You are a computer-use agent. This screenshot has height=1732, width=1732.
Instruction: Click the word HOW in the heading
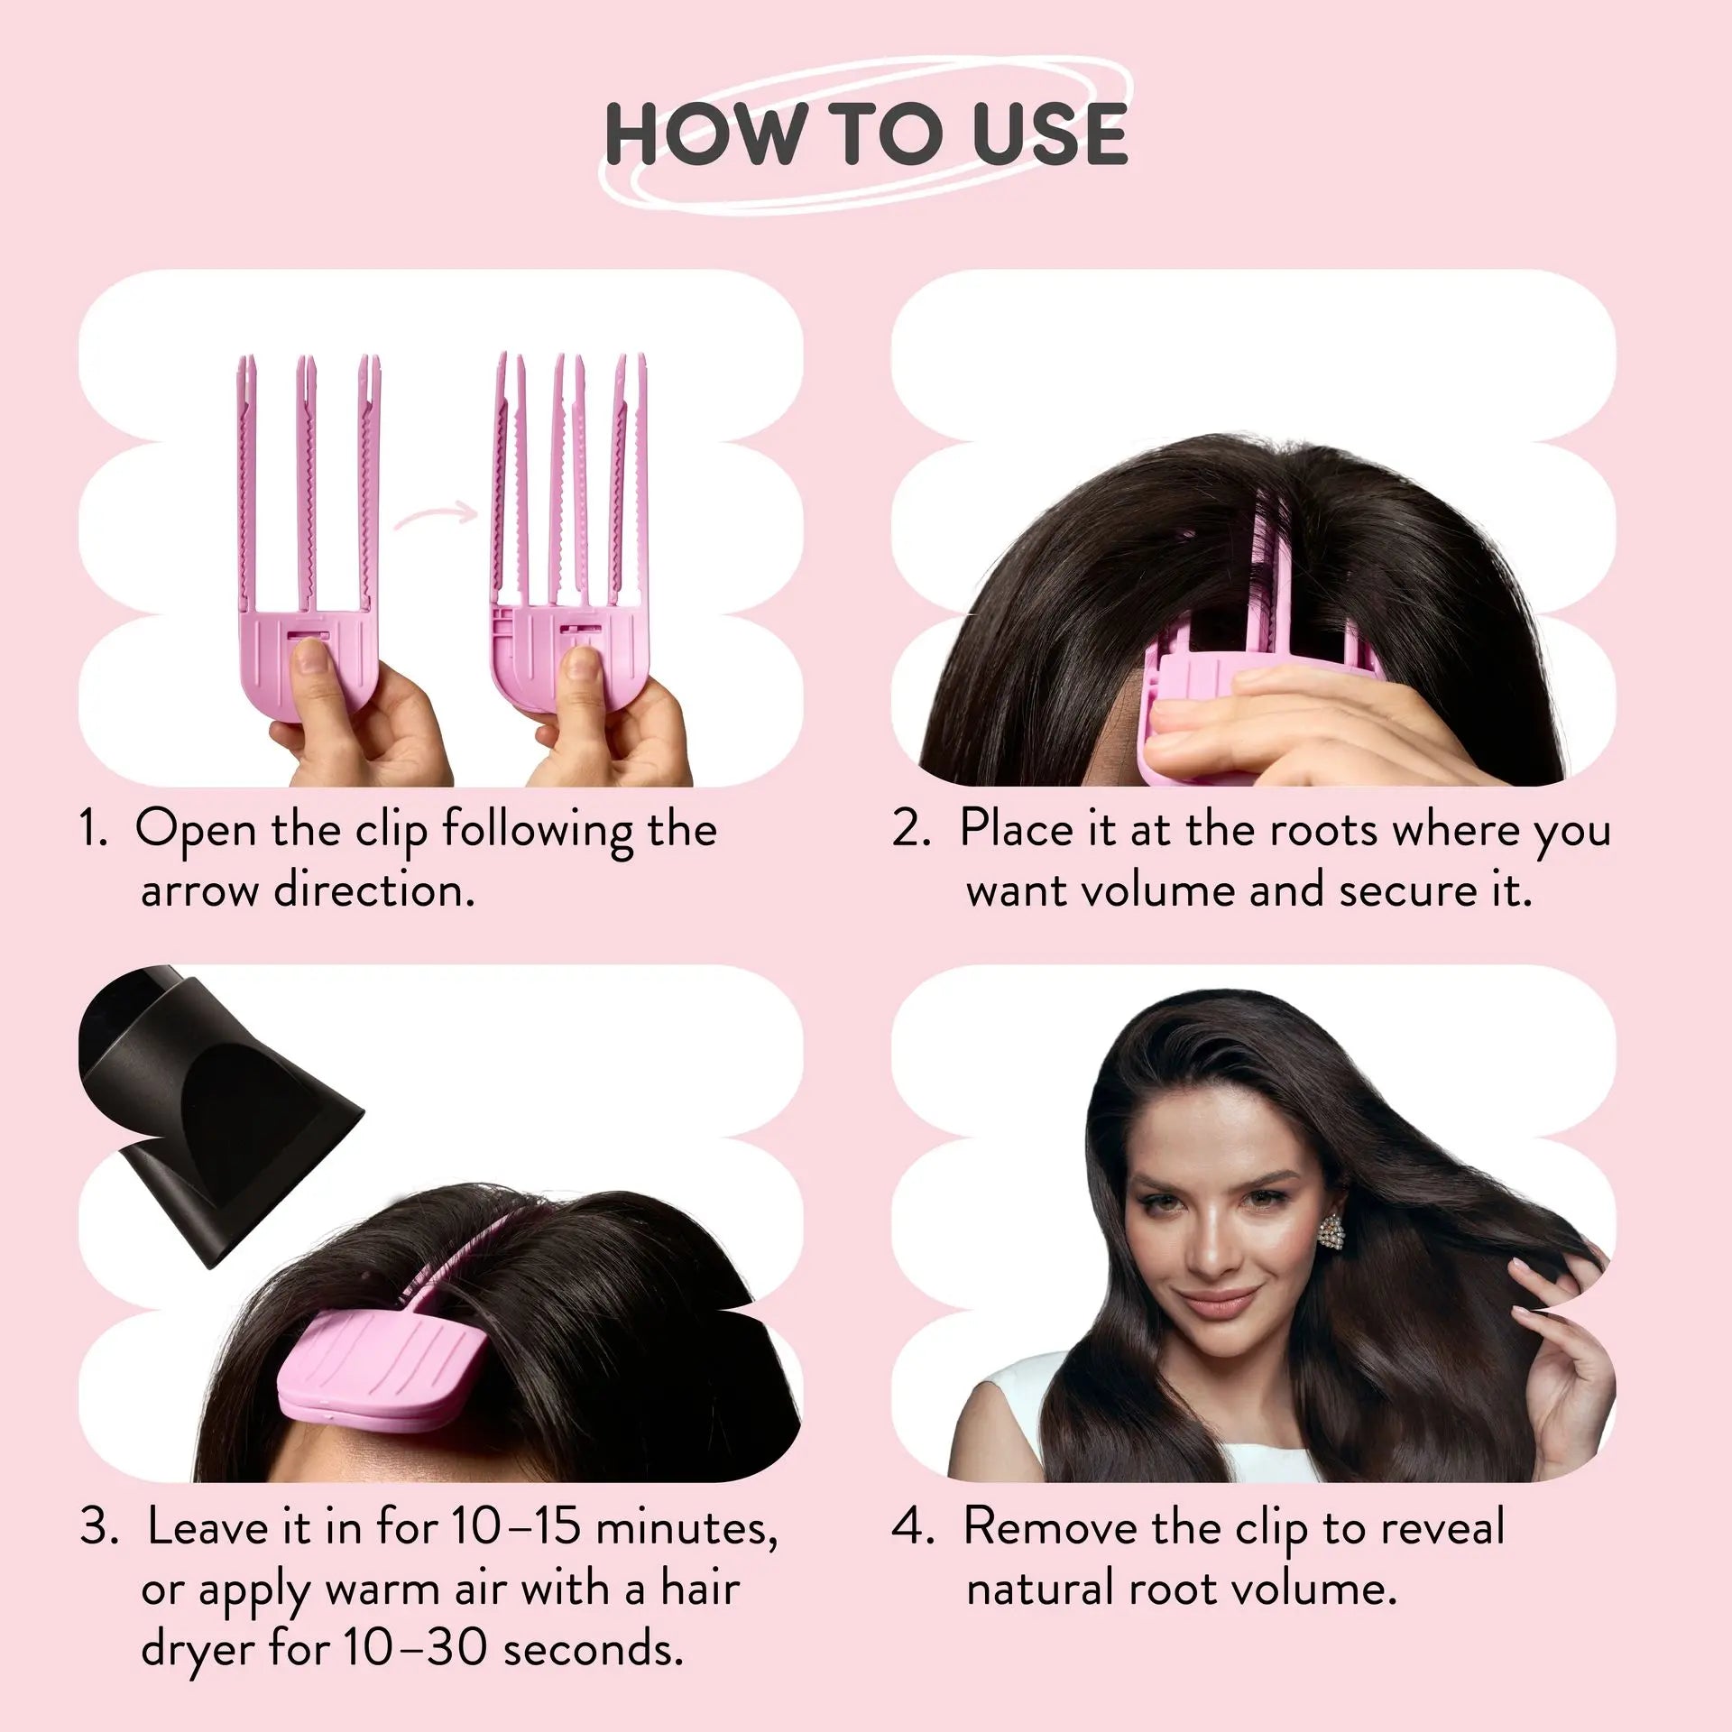[x=704, y=134]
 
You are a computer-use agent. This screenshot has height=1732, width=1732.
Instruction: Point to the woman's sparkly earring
[x=1331, y=1231]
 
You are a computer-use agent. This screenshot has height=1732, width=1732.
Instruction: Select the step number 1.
[x=93, y=828]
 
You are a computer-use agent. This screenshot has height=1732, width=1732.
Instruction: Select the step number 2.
[x=911, y=828]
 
